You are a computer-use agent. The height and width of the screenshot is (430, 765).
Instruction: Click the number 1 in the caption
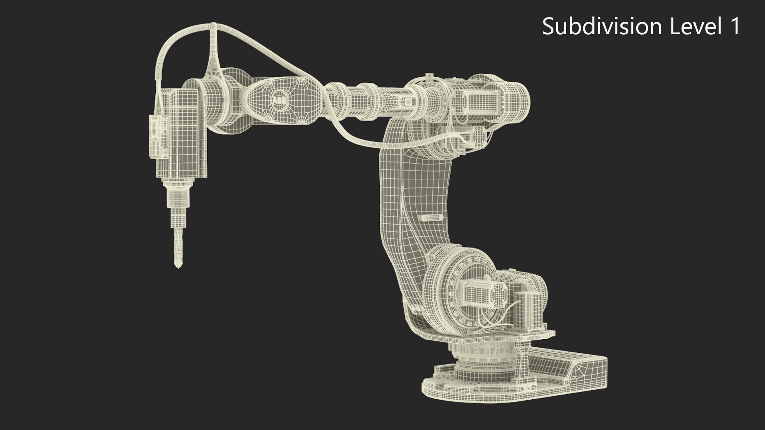click(734, 27)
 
